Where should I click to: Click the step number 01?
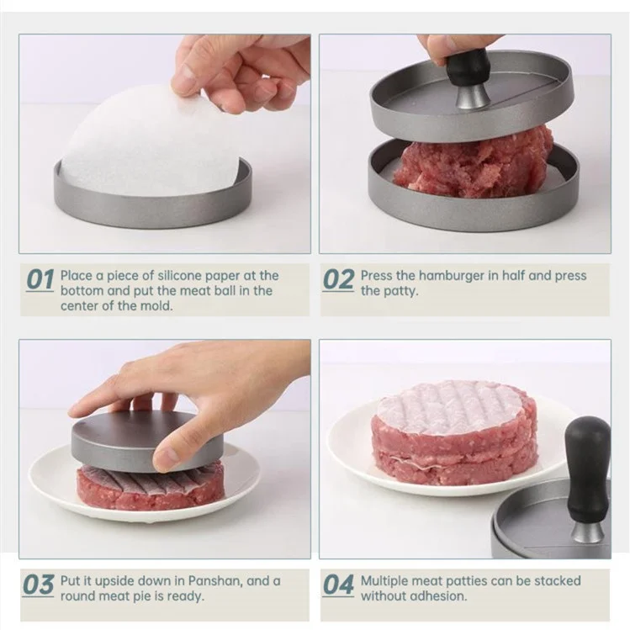pos(40,280)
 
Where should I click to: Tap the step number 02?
pos(338,280)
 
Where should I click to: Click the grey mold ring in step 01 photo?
pos(151,206)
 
